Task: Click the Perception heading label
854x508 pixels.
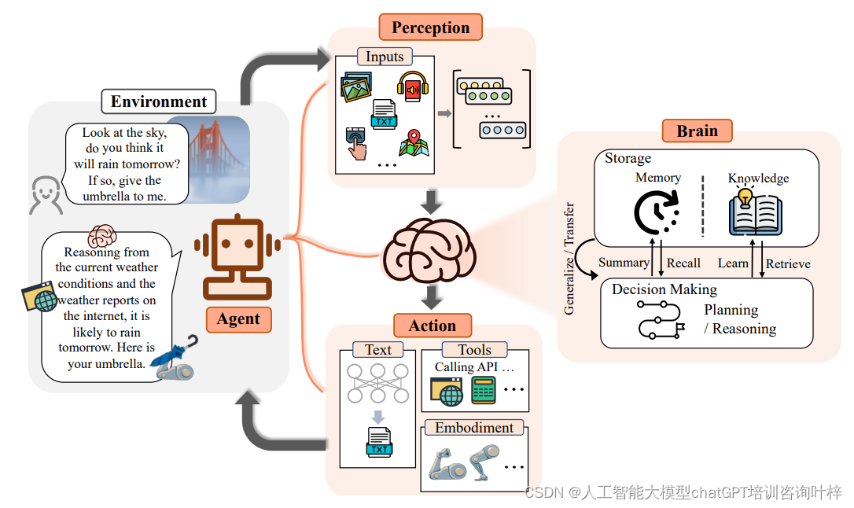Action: tap(430, 28)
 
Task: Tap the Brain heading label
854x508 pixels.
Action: tap(697, 131)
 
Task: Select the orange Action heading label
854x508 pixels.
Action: tap(432, 326)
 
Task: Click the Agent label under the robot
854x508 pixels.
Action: tap(238, 318)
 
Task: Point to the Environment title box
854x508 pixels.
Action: tap(158, 101)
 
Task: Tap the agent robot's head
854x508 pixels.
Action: tap(237, 244)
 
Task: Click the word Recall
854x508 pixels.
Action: tap(683, 263)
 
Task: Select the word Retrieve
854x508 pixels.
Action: tap(788, 263)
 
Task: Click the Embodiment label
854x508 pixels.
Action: tap(474, 428)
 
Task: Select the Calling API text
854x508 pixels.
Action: tap(474, 367)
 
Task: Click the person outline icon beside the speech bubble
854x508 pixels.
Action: tap(46, 196)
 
